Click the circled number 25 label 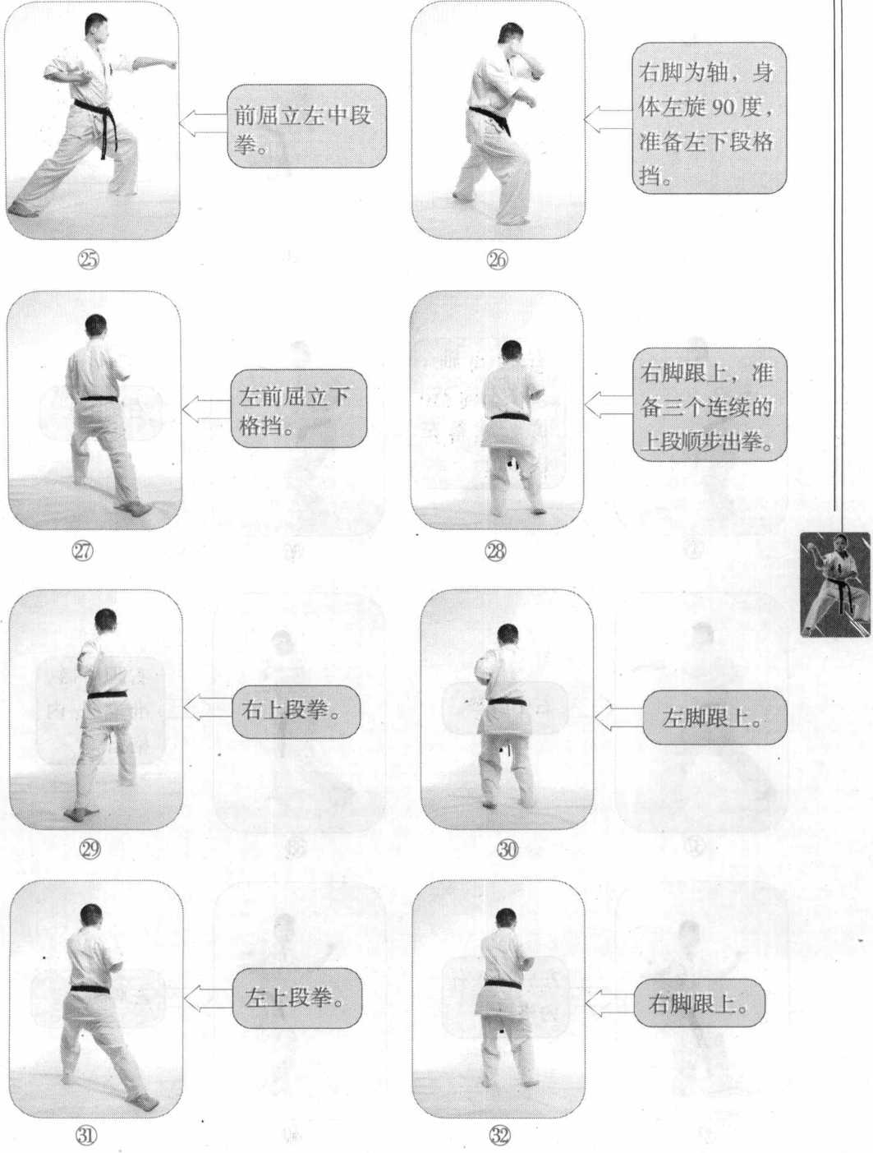point(88,260)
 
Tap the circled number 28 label point(495,551)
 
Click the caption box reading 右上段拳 point(296,711)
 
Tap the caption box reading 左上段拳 point(297,998)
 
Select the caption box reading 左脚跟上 point(715,717)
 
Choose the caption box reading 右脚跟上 point(699,1003)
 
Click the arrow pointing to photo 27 point(207,408)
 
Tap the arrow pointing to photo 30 point(619,717)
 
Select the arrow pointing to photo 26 point(609,119)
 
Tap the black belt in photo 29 point(107,694)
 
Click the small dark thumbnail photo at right point(834,584)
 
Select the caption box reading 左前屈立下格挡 point(299,408)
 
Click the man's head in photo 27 point(95,327)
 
